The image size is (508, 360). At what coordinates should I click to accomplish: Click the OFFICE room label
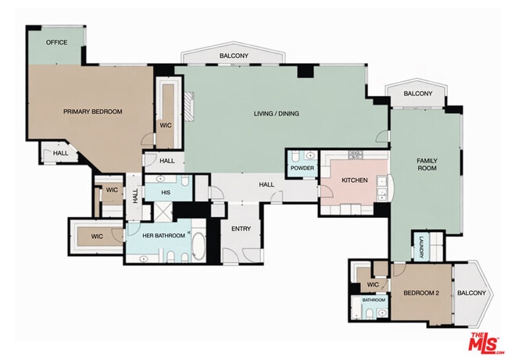pyautogui.click(x=57, y=42)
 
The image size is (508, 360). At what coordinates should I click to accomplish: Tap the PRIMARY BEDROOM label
pyautogui.click(x=93, y=112)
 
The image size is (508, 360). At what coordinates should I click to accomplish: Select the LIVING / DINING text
pyautogui.click(x=277, y=114)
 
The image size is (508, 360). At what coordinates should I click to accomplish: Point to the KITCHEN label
pyautogui.click(x=355, y=180)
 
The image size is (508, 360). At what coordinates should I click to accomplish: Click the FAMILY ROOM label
pyautogui.click(x=427, y=165)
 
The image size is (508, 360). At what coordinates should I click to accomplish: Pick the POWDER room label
pyautogui.click(x=302, y=169)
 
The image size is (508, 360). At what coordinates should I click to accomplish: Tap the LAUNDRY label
pyautogui.click(x=421, y=248)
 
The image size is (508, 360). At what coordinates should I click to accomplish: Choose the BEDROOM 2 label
pyautogui.click(x=421, y=293)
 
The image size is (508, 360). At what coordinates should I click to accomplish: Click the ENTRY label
pyautogui.click(x=241, y=229)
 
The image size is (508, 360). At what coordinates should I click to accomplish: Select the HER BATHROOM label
pyautogui.click(x=163, y=236)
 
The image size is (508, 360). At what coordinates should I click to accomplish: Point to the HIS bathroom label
pyautogui.click(x=166, y=193)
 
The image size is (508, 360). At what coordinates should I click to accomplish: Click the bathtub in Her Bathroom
pyautogui.click(x=199, y=246)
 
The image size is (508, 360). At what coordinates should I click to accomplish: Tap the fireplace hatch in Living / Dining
pyautogui.click(x=189, y=106)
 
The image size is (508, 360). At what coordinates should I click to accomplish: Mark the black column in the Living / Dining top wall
pyautogui.click(x=306, y=71)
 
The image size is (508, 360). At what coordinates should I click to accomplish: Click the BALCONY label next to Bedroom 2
pyautogui.click(x=471, y=293)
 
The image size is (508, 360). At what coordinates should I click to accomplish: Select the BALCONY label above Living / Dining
pyautogui.click(x=234, y=55)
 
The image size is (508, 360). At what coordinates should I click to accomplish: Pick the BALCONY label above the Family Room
pyautogui.click(x=418, y=94)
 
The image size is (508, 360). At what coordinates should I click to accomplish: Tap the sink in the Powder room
pyautogui.click(x=310, y=156)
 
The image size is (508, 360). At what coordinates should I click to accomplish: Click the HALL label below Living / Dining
pyautogui.click(x=267, y=184)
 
